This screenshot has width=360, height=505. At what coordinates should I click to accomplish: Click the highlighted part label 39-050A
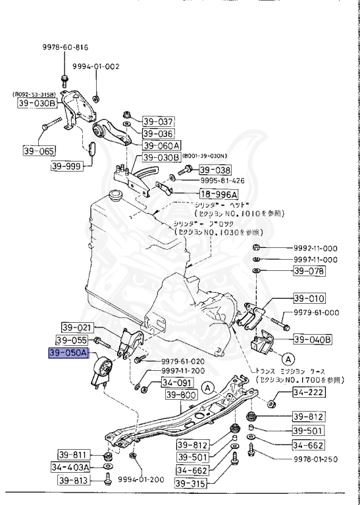(x=69, y=354)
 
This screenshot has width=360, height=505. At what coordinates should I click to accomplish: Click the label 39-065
(x=39, y=151)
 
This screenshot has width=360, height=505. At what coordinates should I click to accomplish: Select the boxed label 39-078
(x=309, y=270)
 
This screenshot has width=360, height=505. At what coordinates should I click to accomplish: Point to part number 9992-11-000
(x=315, y=248)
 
